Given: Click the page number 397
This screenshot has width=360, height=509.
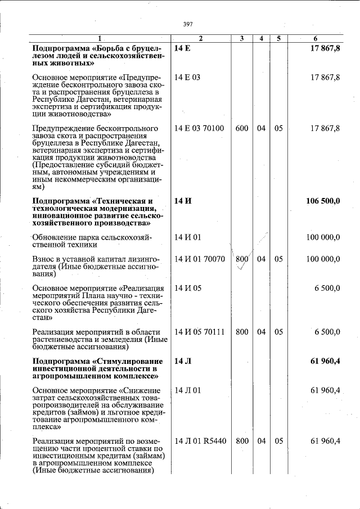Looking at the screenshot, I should tap(188, 24).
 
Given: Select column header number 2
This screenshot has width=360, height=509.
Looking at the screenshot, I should tap(200, 39).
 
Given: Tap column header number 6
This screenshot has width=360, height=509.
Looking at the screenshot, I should tap(316, 39).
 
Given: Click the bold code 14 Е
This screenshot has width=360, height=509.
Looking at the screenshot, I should tap(182, 49).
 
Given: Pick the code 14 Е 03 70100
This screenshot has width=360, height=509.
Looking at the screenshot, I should tap(199, 128).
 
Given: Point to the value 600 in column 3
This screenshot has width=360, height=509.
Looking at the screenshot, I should tap(242, 128).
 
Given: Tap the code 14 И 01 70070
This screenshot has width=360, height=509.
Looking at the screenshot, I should tap(200, 259).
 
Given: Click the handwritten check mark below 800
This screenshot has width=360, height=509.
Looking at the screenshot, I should tap(241, 268).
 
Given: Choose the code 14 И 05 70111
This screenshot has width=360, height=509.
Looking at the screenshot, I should tap(200, 332).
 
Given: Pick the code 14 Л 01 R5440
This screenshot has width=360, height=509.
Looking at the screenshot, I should tap(200, 441).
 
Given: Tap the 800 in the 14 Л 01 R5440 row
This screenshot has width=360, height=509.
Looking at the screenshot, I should tap(242, 441).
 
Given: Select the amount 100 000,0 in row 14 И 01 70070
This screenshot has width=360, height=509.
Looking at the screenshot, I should tap(323, 259).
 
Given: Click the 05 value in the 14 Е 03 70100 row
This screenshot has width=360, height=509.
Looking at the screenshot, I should tap(278, 128).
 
